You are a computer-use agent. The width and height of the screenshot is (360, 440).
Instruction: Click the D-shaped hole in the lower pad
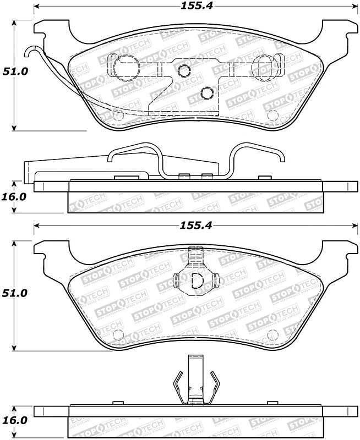tap(196, 280)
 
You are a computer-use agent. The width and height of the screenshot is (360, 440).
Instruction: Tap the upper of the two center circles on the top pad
tap(184, 70)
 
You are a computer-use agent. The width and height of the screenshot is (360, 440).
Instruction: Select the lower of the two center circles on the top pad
tap(207, 92)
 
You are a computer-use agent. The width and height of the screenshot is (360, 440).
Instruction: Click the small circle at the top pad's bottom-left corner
tap(117, 114)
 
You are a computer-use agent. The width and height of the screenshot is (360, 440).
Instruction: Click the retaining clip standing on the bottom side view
tap(196, 381)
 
